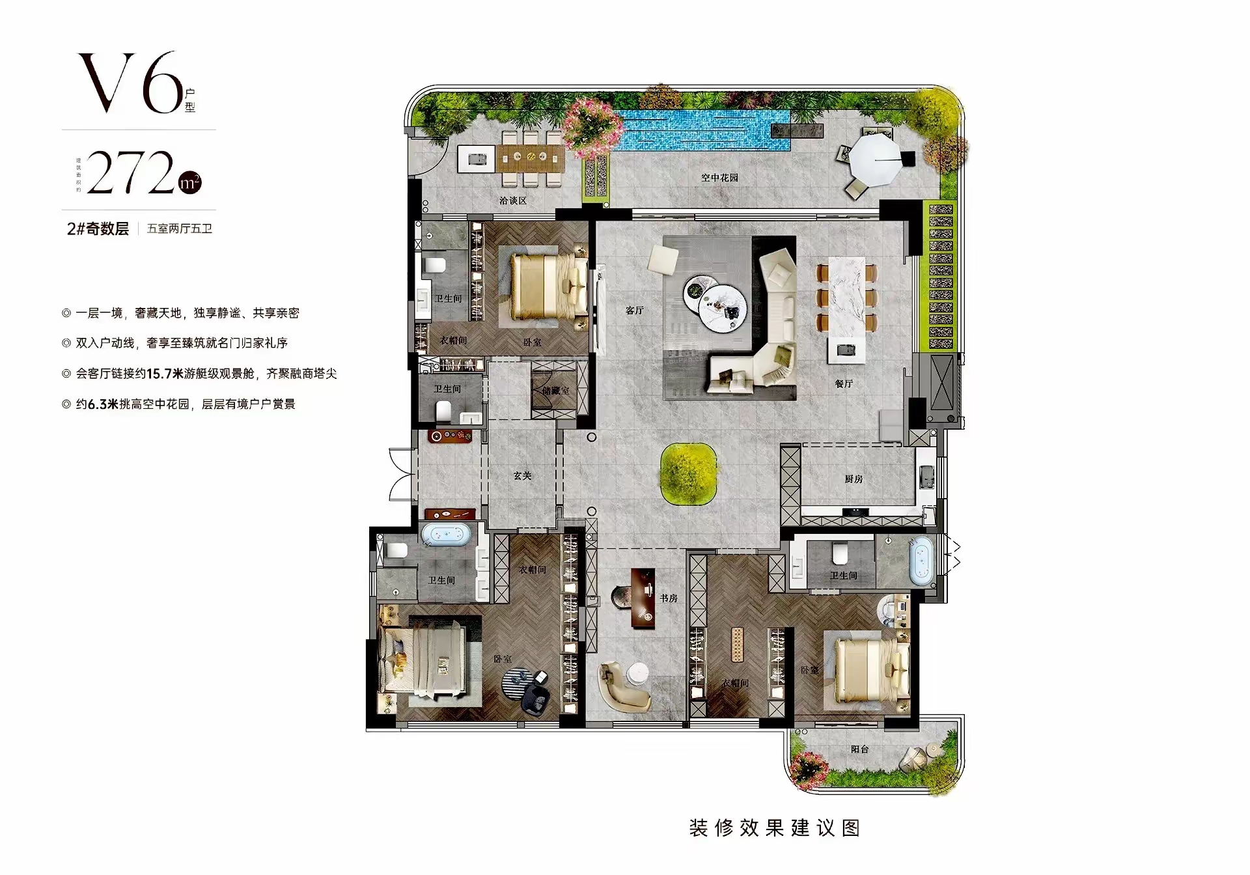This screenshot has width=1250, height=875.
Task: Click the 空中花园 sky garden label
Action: coord(719,178)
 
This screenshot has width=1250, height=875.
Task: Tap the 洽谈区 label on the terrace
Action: coord(512,201)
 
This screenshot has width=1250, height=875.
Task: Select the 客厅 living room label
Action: coord(634,311)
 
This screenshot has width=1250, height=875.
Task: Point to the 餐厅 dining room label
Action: coord(844,383)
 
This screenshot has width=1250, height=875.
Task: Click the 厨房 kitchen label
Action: coord(854,479)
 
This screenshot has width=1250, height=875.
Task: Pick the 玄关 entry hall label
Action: coord(522,476)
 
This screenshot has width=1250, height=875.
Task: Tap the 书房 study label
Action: coord(669,598)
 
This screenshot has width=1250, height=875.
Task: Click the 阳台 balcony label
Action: coord(859,749)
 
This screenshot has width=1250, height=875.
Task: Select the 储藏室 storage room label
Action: coord(555,391)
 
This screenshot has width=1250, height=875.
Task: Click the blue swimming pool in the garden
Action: coord(697,130)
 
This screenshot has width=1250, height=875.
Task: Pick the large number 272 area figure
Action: coord(130,173)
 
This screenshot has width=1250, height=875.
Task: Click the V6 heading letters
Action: coord(130,83)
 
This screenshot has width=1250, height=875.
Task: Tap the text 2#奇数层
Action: coord(98,229)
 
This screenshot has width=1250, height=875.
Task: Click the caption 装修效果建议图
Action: coord(774,828)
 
